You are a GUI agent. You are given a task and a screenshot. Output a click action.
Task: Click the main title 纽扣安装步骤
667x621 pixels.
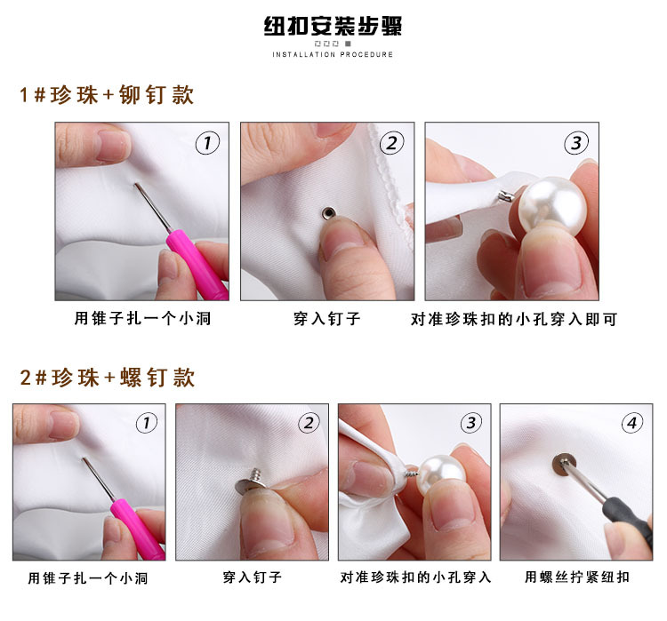(x=333, y=26)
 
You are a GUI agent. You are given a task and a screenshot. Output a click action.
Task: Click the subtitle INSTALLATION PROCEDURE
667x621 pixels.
(x=333, y=55)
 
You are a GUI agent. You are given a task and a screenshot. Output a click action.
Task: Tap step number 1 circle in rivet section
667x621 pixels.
(x=207, y=142)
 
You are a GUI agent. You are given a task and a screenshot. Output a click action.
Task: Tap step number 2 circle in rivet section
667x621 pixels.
(x=392, y=142)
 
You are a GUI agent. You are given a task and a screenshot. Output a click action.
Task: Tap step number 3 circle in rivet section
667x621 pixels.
(x=577, y=142)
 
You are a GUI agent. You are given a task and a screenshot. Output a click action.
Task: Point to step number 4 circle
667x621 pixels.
(x=632, y=424)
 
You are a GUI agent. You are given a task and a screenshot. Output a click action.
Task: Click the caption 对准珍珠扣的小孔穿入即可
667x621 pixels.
(x=513, y=319)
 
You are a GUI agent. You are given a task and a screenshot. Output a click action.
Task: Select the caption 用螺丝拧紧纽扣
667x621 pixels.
(x=576, y=577)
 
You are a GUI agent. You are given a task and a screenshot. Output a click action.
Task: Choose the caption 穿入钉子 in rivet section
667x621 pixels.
(x=326, y=319)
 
